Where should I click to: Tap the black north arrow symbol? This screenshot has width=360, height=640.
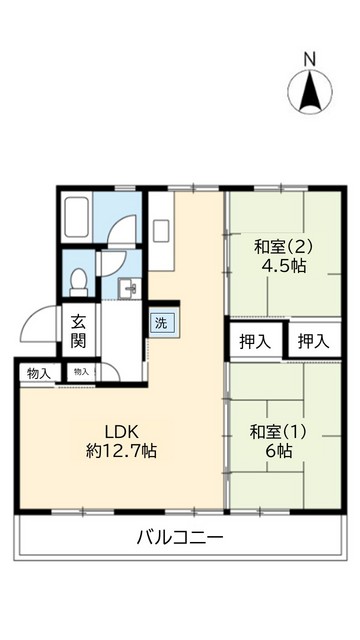point(310,91)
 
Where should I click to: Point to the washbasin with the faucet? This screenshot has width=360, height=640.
point(127,289)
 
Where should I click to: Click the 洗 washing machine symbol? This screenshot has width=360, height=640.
point(159,323)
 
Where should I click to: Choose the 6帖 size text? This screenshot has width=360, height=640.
point(279,452)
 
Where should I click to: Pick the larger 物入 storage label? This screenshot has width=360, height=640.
point(38,373)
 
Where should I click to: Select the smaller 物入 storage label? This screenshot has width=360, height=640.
point(80,372)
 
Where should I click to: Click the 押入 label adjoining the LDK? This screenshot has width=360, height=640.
point(255,340)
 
